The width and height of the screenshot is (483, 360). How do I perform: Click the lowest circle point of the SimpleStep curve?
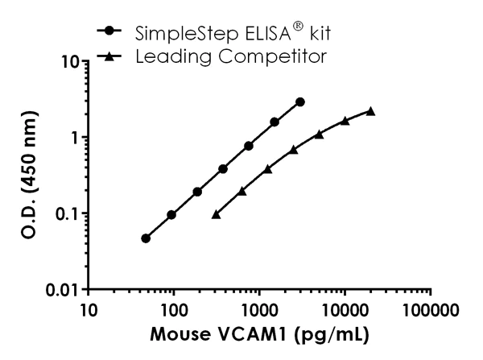pyautogui.click(x=146, y=238)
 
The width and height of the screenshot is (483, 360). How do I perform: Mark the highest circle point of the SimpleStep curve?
pyautogui.click(x=300, y=102)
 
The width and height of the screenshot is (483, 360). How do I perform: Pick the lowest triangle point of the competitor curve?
pyautogui.click(x=216, y=214)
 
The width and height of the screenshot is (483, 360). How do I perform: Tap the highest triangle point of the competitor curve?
pyautogui.click(x=370, y=111)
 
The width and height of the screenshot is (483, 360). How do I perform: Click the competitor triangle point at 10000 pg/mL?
pyautogui.click(x=345, y=121)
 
